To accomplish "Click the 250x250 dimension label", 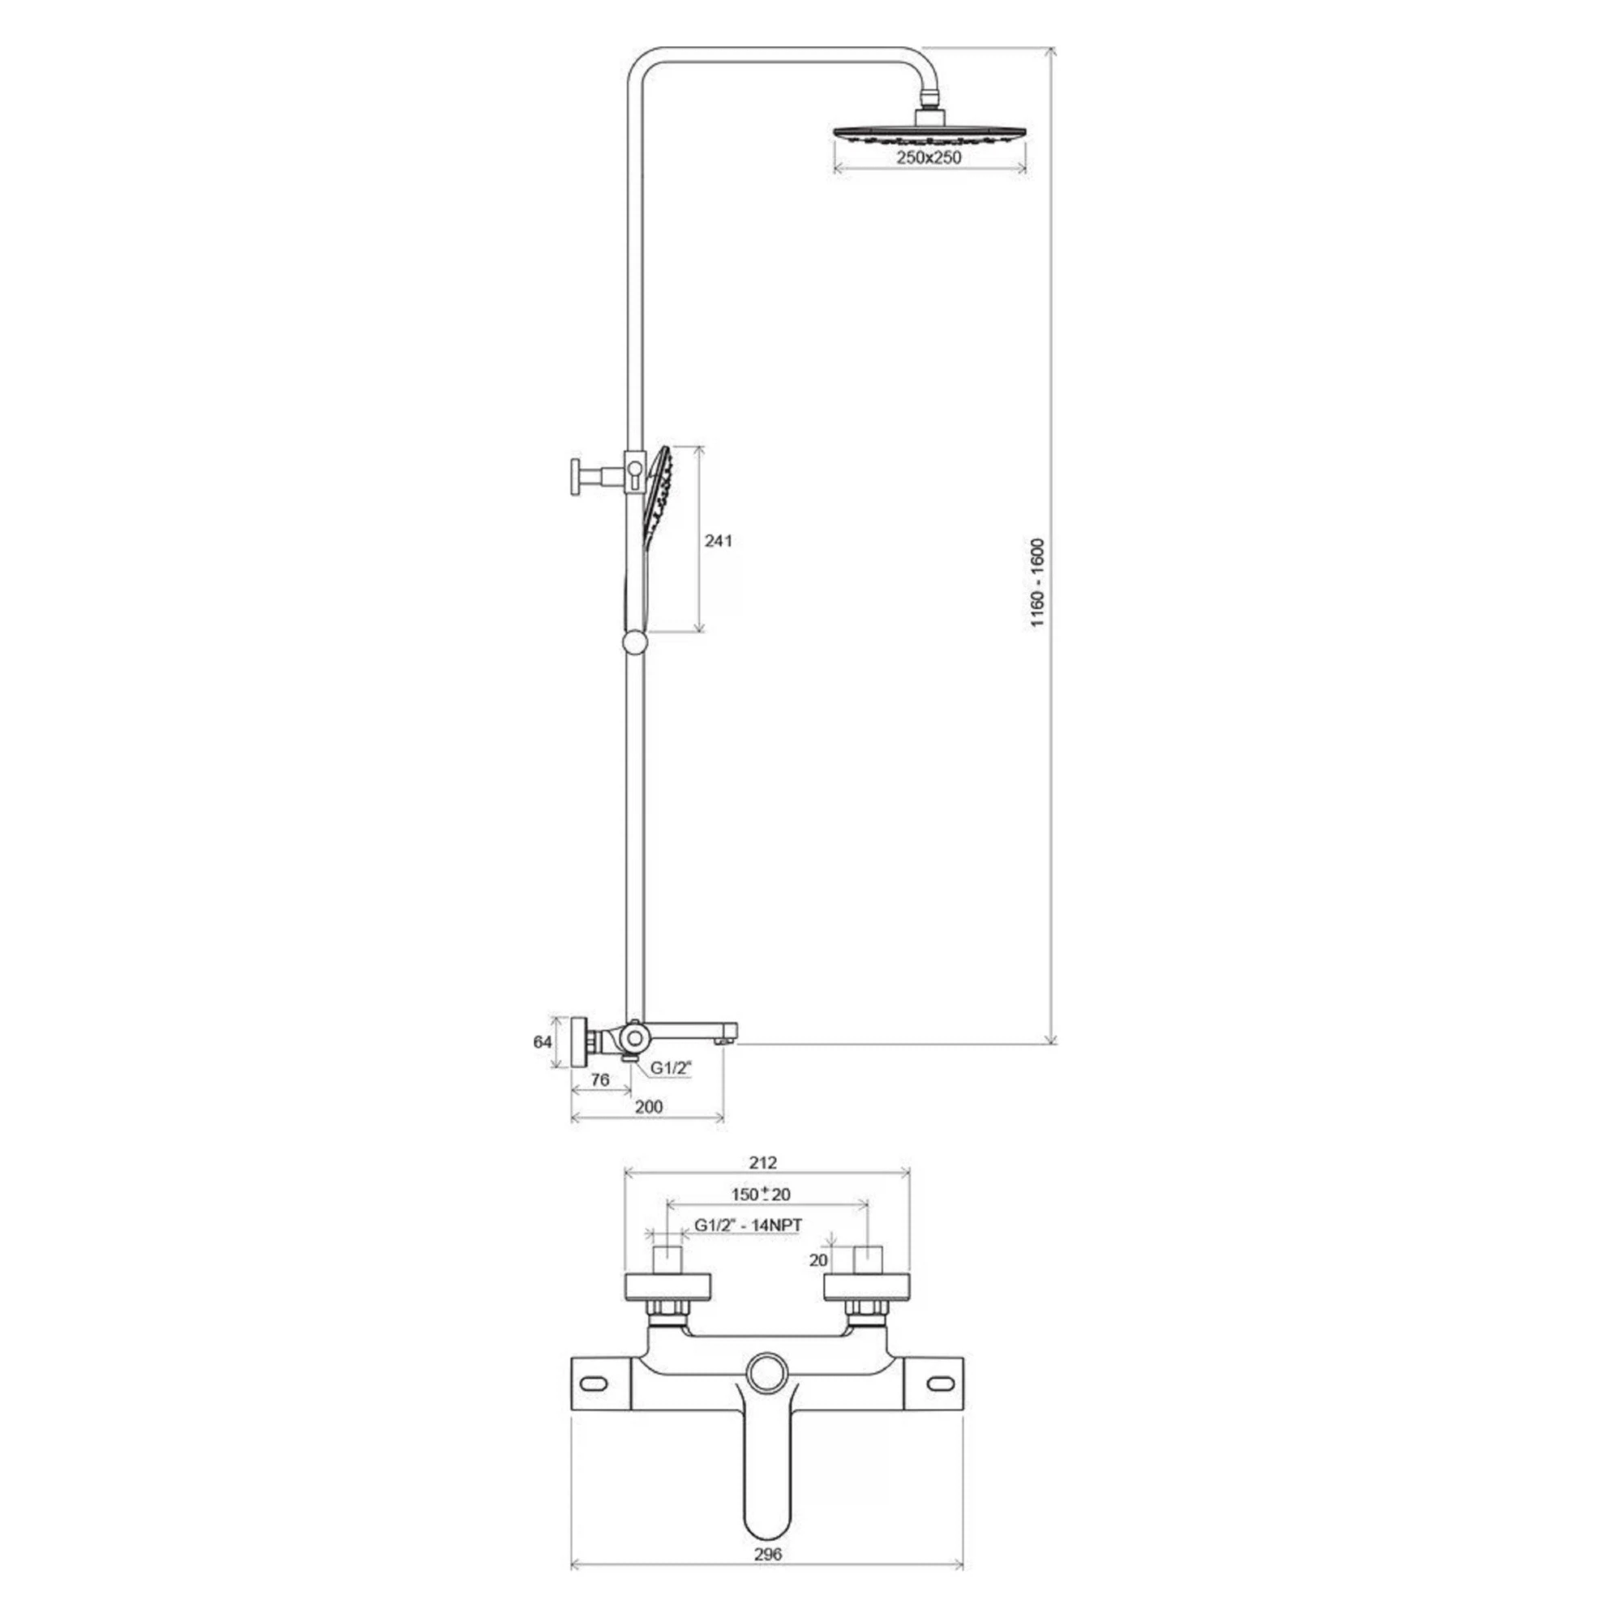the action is pos(929,157).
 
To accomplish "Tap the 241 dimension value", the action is pos(718,541).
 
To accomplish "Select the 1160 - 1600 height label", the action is pos(1038,582).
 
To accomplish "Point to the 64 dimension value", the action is pos(543,1042).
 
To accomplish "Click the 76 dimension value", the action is pos(599,1079).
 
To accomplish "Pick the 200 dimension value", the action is pos(648,1106).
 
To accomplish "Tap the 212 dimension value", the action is pos(762,1163).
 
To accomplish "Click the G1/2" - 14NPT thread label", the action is pos(748,1225).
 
